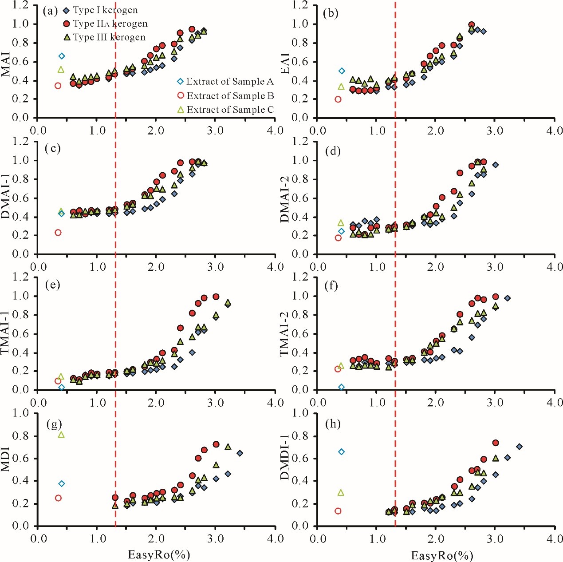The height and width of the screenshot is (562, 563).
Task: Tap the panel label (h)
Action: click(333, 424)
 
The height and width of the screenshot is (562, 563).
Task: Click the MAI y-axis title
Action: click(6, 65)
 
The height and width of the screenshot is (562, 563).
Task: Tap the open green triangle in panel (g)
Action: click(61, 435)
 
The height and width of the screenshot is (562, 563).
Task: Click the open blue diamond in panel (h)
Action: click(342, 452)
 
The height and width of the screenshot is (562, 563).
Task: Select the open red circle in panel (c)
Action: click(58, 233)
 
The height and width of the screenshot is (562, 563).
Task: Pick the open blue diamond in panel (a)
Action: click(62, 56)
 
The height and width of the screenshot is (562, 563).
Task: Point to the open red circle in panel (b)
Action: click(338, 99)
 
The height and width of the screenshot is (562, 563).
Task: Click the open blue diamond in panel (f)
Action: click(342, 387)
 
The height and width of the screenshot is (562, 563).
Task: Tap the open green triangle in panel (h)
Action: click(341, 492)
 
